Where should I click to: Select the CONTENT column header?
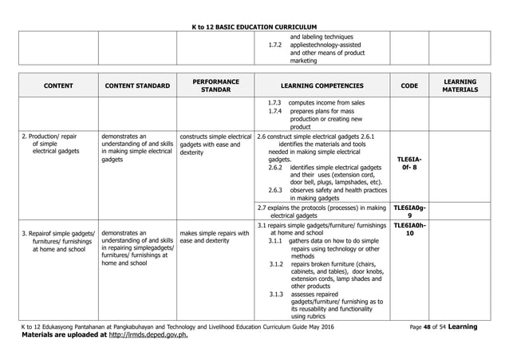click(x=56, y=85)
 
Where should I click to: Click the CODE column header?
click(x=408, y=85)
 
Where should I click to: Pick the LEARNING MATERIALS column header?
click(x=461, y=85)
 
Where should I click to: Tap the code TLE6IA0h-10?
click(x=408, y=230)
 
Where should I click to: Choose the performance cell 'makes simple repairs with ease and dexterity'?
click(x=215, y=238)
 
